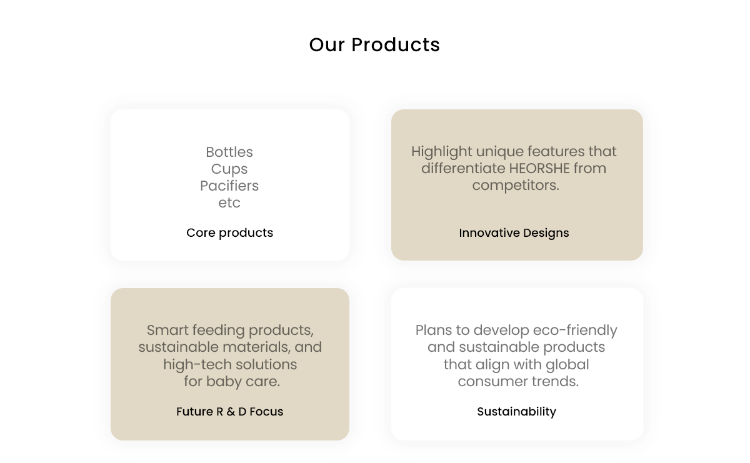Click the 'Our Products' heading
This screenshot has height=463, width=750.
374,44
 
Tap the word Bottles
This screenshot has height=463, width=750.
229,152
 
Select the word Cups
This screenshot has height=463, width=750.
229,169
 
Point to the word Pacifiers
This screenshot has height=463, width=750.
229,186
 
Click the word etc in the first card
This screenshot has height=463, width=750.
229,203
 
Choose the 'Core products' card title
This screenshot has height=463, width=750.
230,232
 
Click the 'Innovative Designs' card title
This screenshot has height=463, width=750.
514,233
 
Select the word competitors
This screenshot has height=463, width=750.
516,186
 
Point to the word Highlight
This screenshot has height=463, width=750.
442,152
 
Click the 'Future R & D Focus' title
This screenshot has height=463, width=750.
230,411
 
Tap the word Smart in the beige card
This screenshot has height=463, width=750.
167,331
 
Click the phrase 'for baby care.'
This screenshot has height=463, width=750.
232,382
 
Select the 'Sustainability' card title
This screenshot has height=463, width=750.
517,411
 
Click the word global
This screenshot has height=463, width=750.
567,364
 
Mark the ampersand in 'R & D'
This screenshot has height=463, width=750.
231,412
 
